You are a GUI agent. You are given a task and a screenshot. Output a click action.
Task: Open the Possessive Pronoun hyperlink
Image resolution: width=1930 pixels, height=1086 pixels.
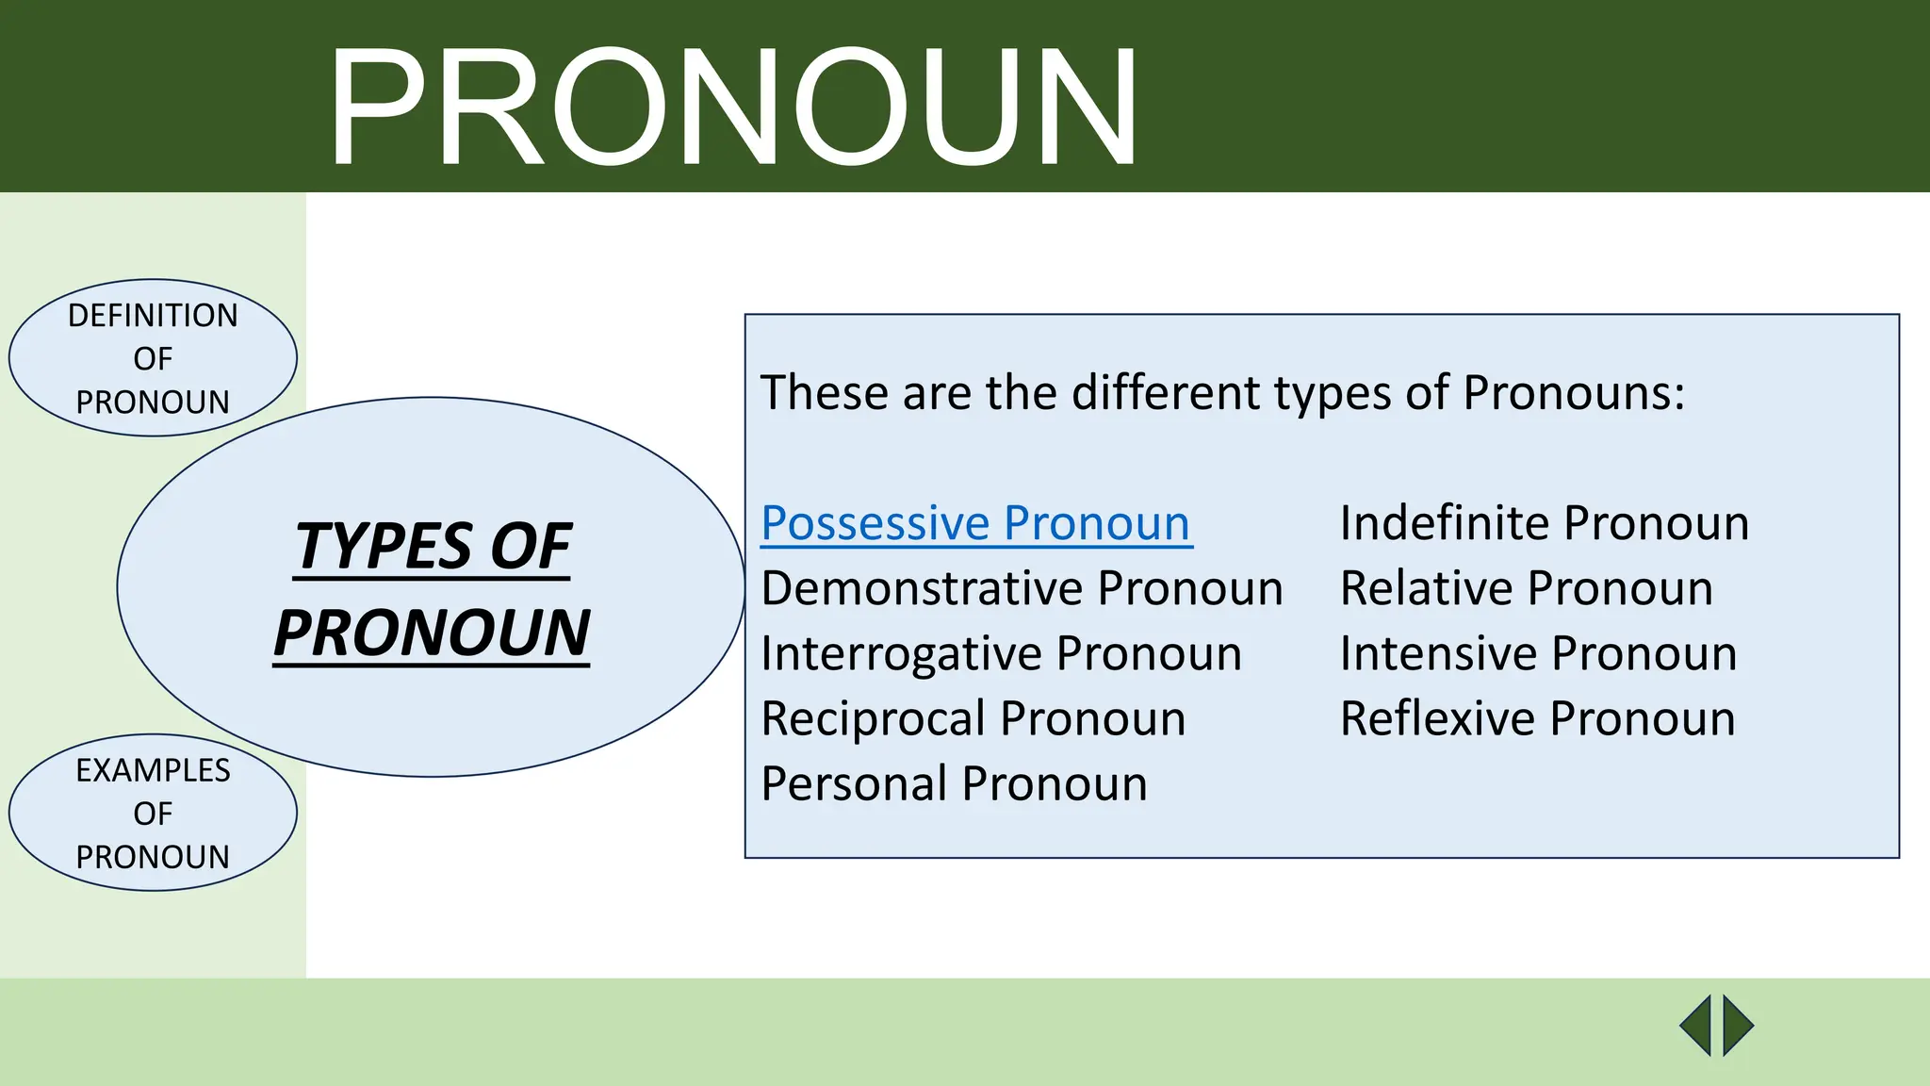coord(976,523)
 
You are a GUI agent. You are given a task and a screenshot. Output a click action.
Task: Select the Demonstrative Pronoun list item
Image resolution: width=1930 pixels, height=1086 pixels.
coord(1022,588)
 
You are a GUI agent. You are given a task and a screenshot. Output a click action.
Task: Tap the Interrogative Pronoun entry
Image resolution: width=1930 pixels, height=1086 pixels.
coord(1001,653)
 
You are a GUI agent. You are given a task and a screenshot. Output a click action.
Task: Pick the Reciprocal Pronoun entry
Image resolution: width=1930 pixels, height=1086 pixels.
coord(973,718)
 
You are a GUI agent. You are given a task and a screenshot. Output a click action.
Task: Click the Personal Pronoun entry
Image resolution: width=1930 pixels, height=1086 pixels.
coord(954,783)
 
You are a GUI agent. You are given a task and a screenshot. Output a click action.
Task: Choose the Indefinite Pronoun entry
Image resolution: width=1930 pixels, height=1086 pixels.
coord(1544,523)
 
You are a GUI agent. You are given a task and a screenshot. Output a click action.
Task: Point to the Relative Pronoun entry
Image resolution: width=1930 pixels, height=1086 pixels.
coord(1526,588)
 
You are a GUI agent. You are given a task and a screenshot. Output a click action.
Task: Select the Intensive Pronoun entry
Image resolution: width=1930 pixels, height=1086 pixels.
coord(1538,653)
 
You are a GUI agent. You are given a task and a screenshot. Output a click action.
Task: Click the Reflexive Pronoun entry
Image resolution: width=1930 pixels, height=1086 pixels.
coord(1537,718)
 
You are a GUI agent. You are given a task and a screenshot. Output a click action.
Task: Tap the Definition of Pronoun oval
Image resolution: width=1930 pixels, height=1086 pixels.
coord(153,358)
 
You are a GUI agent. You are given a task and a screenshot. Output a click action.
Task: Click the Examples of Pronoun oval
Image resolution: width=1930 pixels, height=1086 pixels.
coord(153,813)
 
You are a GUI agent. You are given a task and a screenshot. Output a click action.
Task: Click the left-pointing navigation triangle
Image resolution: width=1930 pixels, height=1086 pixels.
coord(1697,1026)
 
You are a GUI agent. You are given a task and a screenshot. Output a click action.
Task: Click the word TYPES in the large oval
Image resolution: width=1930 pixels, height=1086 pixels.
coord(384,546)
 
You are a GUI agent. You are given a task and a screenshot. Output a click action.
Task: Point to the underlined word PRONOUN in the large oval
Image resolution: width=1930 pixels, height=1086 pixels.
coord(432,633)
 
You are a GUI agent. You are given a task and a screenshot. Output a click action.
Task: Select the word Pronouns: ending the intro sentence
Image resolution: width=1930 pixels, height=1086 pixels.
coord(1573,393)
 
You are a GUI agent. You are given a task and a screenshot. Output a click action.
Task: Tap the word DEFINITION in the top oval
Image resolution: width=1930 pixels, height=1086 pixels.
coord(153,315)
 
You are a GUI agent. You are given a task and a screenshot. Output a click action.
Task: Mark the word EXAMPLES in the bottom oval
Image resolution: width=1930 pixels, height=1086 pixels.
coord(153,770)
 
